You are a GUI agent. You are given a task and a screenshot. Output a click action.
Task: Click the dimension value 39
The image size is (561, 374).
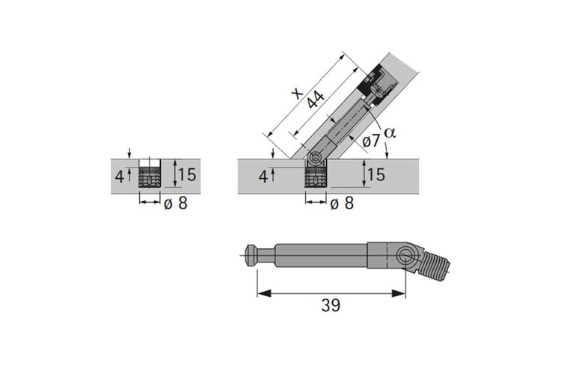tap(331, 305)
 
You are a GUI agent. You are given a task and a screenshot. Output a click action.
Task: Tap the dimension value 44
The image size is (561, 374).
tap(316, 99)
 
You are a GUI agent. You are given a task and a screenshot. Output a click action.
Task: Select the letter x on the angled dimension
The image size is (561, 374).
tap(297, 93)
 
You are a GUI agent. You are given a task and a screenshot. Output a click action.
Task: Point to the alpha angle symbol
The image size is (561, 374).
tap(390, 133)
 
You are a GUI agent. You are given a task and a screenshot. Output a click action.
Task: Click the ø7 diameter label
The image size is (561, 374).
tap(371, 141)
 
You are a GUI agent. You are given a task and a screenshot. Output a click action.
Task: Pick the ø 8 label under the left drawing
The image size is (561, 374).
tap(176, 203)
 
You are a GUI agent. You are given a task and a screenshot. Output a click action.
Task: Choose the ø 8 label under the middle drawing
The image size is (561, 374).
tap(342, 203)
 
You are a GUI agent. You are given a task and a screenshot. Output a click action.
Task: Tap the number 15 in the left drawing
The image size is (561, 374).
tap(187, 174)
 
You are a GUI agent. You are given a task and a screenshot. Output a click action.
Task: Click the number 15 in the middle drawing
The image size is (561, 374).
tap(376, 174)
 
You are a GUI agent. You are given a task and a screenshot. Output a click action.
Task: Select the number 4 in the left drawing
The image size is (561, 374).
tap(119, 177)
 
